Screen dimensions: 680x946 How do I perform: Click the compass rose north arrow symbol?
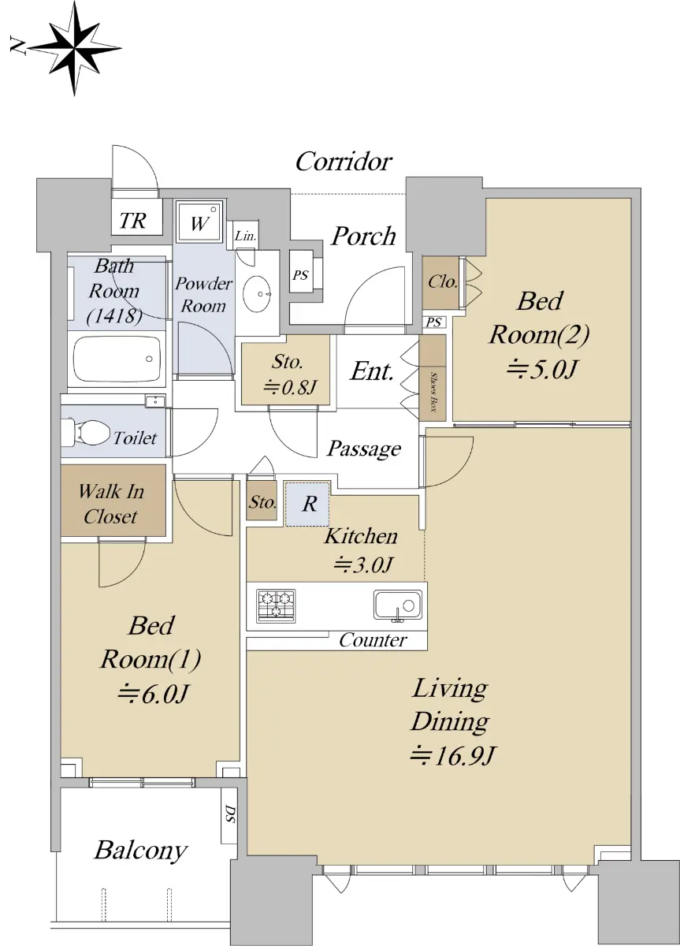pos(75,48)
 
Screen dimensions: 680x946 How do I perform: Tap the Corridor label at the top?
pos(344,162)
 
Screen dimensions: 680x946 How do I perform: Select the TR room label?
pos(133,221)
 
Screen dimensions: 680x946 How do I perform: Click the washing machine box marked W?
pos(199,222)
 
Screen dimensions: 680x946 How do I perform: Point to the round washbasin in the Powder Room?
pos(258,294)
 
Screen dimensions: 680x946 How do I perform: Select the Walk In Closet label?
pos(111,504)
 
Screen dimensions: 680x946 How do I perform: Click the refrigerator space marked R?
pos(307,504)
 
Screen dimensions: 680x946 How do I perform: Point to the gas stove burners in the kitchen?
pos(276,605)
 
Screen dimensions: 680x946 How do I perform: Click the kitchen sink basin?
pos(398,605)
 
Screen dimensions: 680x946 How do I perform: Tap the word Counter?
pos(373,640)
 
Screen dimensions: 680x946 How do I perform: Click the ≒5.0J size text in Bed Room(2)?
pos(541,370)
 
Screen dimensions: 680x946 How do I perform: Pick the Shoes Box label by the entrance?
pos(433,392)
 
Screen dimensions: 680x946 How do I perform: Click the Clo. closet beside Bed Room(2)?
pos(441,282)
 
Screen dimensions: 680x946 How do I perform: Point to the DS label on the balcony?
pos(230,814)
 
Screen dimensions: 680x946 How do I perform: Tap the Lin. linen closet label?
pos(246,236)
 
